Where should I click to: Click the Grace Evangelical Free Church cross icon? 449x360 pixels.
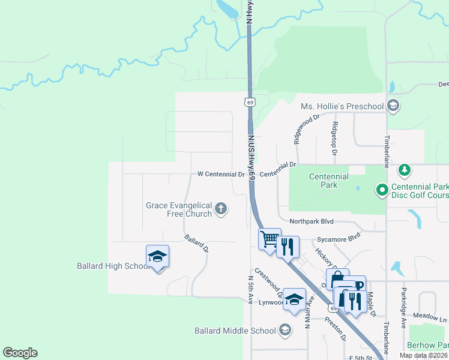click(221, 209)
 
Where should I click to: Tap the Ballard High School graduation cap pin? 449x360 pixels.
click(158, 257)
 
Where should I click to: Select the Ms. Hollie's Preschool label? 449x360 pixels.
click(342, 107)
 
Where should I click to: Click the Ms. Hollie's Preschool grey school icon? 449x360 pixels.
click(393, 106)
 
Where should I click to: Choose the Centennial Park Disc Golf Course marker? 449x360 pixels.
click(381, 191)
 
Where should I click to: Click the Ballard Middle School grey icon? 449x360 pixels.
click(285, 330)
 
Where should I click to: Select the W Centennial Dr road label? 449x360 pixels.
click(221, 175)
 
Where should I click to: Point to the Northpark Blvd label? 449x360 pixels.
click(311, 221)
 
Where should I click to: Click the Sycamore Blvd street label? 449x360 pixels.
click(339, 237)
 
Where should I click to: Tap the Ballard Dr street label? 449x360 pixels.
click(196, 243)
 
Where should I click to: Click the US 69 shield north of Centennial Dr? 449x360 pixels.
click(250, 101)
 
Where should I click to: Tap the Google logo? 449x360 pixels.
click(20, 353)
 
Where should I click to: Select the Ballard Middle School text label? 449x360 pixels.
click(235, 331)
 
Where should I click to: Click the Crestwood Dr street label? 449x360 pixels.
click(268, 283)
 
